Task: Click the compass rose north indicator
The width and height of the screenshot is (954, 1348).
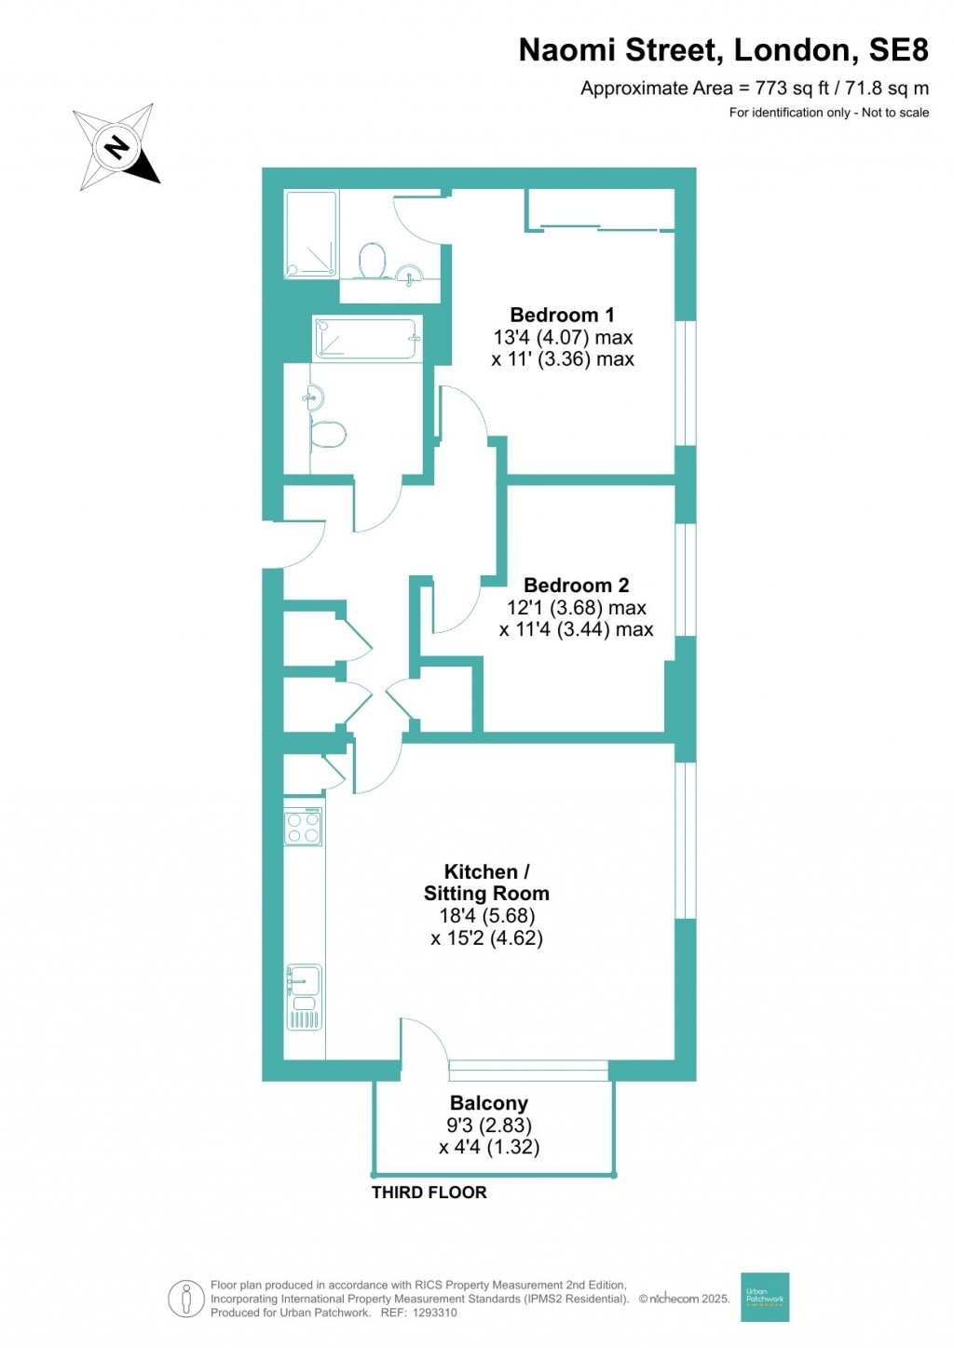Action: pyautogui.click(x=116, y=148)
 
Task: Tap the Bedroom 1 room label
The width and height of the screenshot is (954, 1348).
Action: pyautogui.click(x=562, y=315)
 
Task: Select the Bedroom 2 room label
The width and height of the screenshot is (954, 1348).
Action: pyautogui.click(x=576, y=585)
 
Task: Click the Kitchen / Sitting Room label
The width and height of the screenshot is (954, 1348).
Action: pyautogui.click(x=486, y=883)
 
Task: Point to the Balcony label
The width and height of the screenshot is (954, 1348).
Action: pyautogui.click(x=488, y=1103)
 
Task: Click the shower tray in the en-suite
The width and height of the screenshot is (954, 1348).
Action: pyautogui.click(x=310, y=235)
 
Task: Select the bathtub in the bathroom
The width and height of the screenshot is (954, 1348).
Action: pyautogui.click(x=365, y=338)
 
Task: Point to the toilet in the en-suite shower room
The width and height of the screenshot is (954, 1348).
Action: pyautogui.click(x=373, y=261)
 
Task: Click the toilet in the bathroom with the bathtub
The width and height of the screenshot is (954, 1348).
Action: pyautogui.click(x=328, y=434)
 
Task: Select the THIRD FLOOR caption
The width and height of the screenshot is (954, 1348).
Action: pyautogui.click(x=429, y=1193)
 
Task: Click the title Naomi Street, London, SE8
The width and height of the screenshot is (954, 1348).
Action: pyautogui.click(x=723, y=50)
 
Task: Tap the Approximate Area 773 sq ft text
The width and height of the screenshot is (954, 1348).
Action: pyautogui.click(x=754, y=88)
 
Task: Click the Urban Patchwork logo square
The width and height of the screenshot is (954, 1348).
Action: pyautogui.click(x=764, y=1297)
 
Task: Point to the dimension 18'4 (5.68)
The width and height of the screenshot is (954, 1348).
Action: pyautogui.click(x=486, y=916)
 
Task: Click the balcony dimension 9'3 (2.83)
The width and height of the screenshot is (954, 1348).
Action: pyautogui.click(x=488, y=1126)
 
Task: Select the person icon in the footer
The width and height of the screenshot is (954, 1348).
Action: pyautogui.click(x=186, y=1299)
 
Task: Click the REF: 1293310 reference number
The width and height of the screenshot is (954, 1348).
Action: pyautogui.click(x=416, y=1313)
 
